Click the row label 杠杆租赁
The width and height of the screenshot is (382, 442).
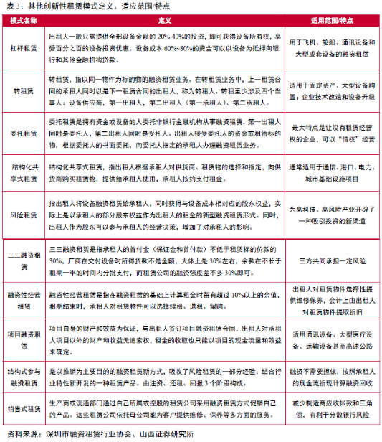(24, 49)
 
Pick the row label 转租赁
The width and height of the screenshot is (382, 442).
(24, 92)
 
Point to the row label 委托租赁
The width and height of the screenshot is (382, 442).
(24, 133)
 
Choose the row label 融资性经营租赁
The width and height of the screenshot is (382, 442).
(24, 299)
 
